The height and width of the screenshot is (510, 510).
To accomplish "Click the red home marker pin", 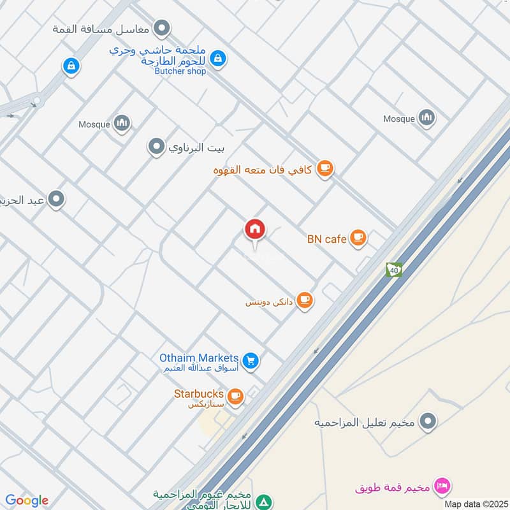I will tap(255, 229).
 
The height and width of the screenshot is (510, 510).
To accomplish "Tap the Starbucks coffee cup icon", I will tap(235, 397).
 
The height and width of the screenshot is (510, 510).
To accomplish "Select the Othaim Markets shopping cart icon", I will tap(251, 361).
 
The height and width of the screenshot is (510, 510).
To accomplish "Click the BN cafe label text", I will tap(326, 239).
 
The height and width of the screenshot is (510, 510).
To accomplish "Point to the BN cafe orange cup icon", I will tap(358, 238).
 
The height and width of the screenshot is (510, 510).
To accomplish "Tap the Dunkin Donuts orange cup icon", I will tap(305, 300).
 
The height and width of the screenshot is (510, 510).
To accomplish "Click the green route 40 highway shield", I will tap(394, 270).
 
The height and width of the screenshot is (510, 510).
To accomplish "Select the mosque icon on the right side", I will tap(426, 117).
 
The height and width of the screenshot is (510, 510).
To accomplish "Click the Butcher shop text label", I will tap(180, 71).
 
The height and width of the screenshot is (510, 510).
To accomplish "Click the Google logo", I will tap(27, 500).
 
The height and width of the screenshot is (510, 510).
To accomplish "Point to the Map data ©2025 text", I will tap(475, 504).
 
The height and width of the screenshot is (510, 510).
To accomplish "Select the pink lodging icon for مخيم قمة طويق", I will tap(440, 488).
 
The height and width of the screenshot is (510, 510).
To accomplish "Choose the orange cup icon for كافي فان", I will tap(325, 169).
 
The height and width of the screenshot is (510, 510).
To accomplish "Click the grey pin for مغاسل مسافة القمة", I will tap(163, 28).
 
